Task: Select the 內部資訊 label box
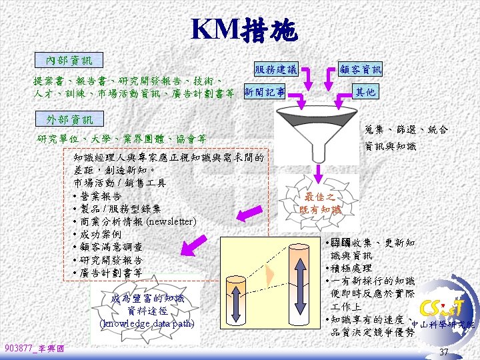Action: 69,61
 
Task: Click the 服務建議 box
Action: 275,69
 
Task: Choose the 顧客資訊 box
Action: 360,69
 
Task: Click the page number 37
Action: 443,351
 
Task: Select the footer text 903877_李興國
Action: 34,349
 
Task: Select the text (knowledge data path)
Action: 147,323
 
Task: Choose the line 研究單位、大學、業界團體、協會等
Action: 121,139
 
